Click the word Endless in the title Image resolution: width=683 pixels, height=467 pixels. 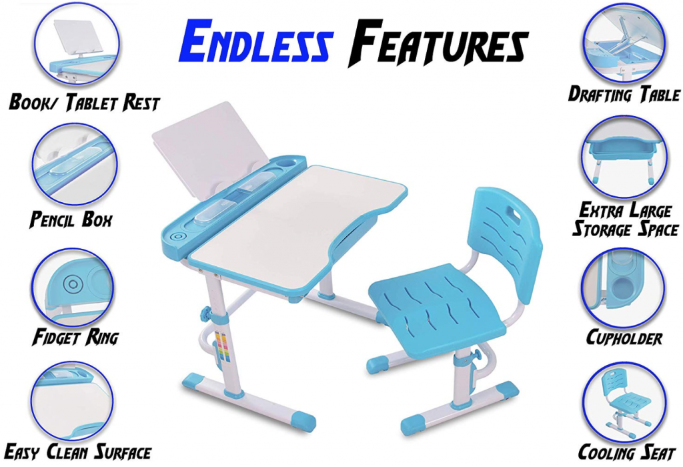point(256,41)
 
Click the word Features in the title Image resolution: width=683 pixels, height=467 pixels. point(438,43)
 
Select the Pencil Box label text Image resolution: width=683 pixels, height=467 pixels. point(71,219)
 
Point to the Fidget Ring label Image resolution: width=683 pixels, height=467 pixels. point(75,337)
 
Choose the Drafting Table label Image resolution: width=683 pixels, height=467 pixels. point(624,94)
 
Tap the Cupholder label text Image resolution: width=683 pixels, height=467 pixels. point(624,338)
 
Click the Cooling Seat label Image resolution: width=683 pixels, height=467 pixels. point(626,452)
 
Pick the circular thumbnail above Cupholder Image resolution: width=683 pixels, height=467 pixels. point(624,287)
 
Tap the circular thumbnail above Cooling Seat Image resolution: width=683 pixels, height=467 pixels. point(625,401)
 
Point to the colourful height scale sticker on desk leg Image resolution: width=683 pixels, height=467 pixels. point(224,347)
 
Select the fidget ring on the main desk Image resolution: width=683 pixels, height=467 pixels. point(177,238)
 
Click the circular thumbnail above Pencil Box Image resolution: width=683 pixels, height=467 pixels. point(74,164)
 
